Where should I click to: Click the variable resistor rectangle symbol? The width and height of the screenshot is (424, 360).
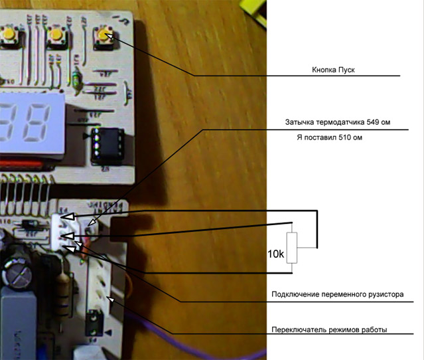coord(292,248)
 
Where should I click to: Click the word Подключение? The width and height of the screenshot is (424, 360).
coord(297,294)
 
